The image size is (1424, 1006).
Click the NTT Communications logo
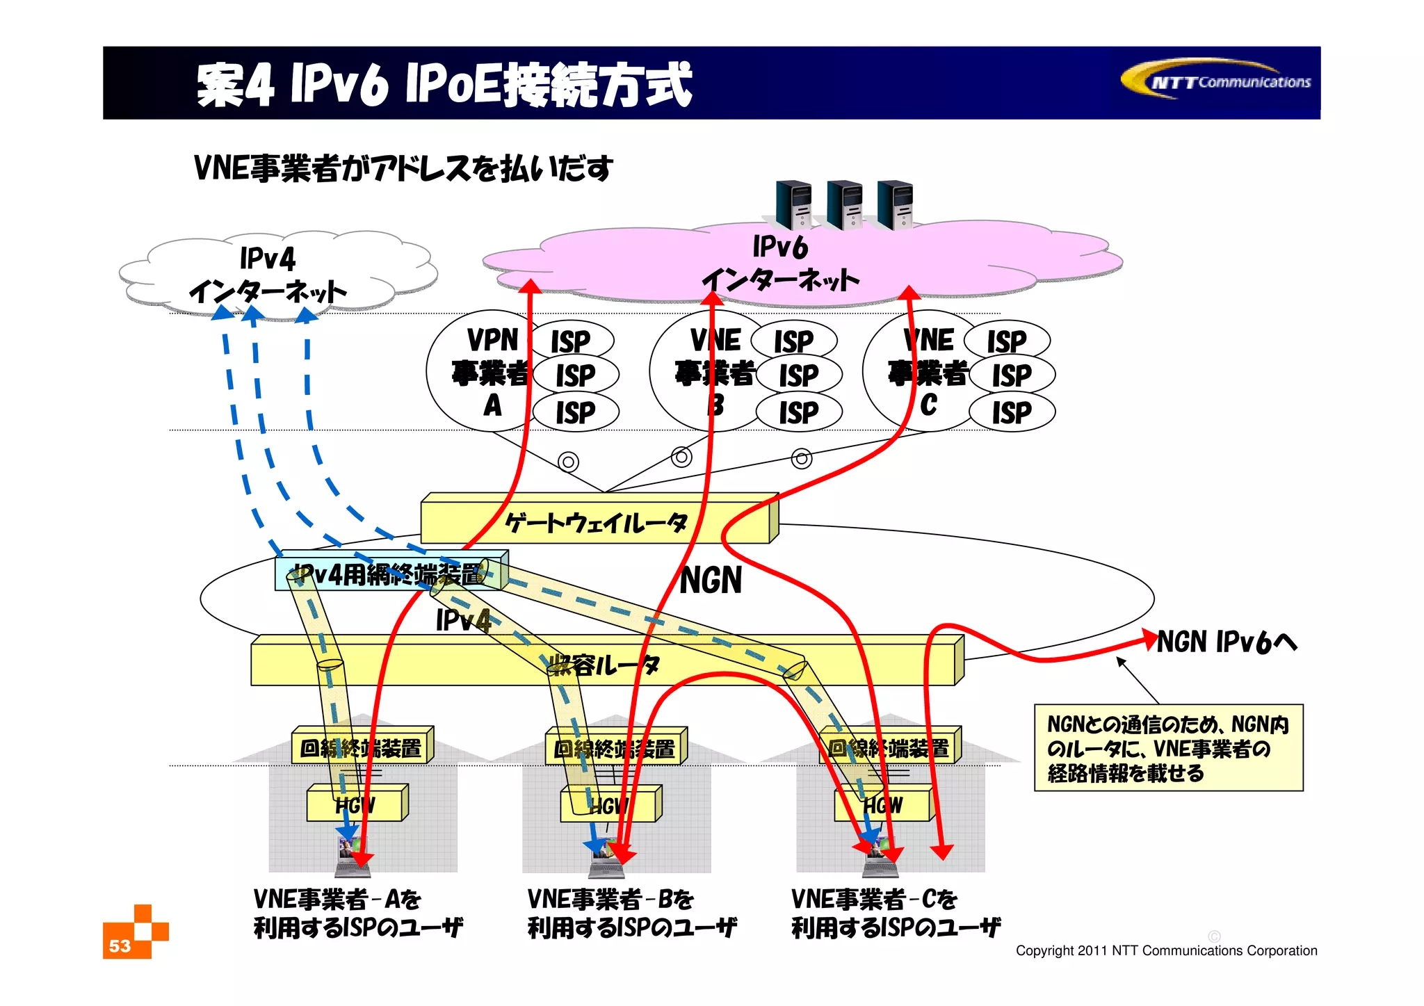click(1217, 81)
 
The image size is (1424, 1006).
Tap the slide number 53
click(120, 946)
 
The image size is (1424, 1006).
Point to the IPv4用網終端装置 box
click(389, 574)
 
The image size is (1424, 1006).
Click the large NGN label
click(711, 581)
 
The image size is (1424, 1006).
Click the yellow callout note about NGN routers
click(1168, 748)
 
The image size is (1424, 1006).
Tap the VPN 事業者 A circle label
click(492, 372)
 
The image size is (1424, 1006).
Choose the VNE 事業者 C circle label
click(928, 372)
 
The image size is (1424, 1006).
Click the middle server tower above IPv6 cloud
click(845, 205)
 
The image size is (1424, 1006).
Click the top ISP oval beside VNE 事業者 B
click(794, 341)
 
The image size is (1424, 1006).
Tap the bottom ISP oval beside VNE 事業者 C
click(1012, 412)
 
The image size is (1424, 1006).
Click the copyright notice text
click(1166, 950)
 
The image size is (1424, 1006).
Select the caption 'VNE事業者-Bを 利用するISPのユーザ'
click(631, 913)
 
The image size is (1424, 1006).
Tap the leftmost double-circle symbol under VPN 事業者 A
click(568, 462)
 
